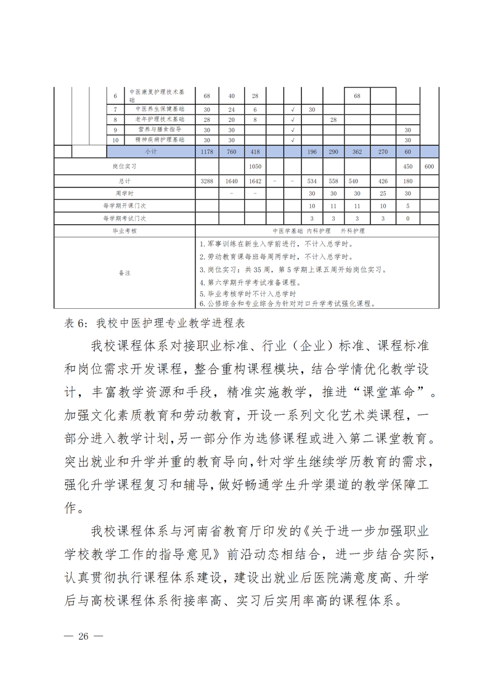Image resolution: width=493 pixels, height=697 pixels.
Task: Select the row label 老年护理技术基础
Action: point(159,120)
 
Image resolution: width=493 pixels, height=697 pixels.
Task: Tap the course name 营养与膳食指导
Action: point(159,130)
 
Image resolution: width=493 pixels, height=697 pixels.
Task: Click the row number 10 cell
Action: point(115,141)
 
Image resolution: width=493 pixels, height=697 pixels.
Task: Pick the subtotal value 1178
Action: point(206,151)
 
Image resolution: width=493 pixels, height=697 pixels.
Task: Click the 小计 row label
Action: point(150,151)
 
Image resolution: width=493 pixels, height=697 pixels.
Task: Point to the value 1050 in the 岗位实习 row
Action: point(255,166)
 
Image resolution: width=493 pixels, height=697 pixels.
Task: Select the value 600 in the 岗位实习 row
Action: point(430,166)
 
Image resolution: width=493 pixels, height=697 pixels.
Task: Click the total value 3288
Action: point(206,181)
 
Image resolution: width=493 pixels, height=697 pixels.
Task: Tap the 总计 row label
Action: point(124,181)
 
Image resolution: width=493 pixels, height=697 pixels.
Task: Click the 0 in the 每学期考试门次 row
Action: point(407,218)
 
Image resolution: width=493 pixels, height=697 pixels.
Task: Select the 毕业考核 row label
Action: point(124,230)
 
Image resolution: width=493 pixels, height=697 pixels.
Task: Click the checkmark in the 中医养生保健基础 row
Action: point(293,109)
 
